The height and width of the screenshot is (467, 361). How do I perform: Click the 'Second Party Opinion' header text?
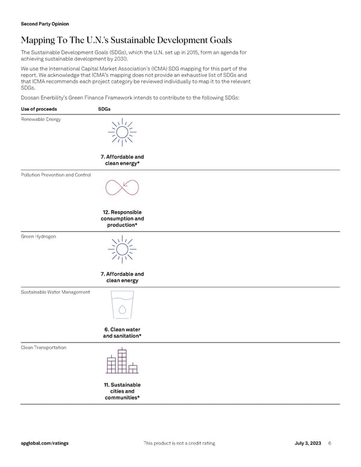pos(45,24)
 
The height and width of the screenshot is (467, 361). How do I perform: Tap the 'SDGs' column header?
pos(105,109)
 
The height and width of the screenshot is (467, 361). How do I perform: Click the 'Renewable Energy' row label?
pos(40,119)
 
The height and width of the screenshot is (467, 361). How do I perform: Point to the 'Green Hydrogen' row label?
pos(37,237)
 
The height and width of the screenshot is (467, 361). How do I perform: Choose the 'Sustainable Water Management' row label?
pos(55,292)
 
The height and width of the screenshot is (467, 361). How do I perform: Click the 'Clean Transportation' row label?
pos(43,348)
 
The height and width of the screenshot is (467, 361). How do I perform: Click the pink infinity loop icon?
pos(122,188)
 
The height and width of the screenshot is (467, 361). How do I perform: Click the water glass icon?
pos(122,305)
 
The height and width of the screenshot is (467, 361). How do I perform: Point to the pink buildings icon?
pos(122,361)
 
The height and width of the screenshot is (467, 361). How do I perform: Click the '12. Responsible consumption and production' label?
pos(122,219)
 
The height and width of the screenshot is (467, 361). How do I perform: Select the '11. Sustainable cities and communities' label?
pos(122,391)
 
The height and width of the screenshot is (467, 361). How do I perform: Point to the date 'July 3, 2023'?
pos(307,444)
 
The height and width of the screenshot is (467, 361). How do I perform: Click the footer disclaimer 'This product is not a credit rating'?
pos(179,444)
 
